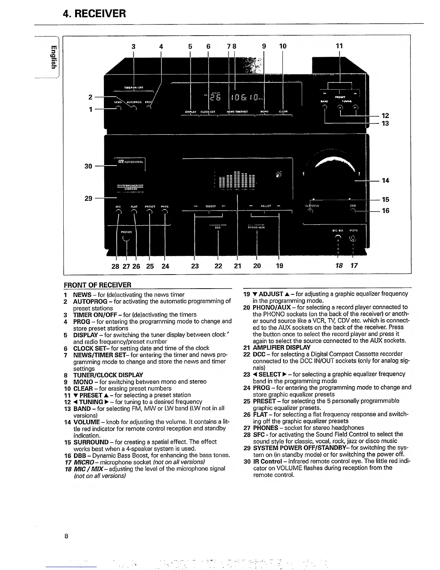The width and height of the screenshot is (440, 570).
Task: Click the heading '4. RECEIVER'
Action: point(94,14)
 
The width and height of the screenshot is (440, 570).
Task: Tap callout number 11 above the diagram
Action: point(339,46)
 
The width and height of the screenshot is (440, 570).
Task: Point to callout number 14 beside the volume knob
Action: point(385,180)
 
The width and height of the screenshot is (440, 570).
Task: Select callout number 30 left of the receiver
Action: point(88,166)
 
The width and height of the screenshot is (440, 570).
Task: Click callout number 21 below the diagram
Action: point(237,266)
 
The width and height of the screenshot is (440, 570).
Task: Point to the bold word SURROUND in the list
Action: point(91,442)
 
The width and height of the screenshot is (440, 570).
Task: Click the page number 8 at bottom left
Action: point(66,536)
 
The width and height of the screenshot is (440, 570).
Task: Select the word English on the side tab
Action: point(54,57)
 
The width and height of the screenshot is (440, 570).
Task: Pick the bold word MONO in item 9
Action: point(85,381)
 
